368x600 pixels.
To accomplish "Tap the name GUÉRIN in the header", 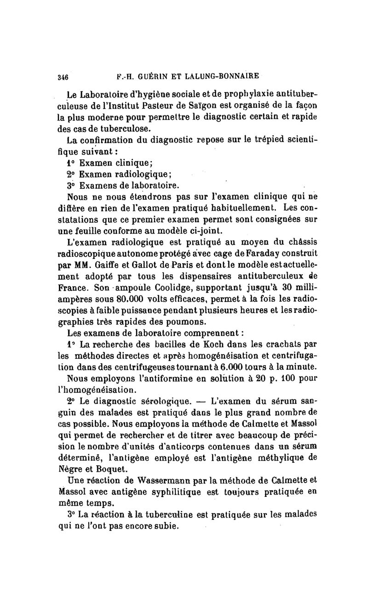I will [148, 75].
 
